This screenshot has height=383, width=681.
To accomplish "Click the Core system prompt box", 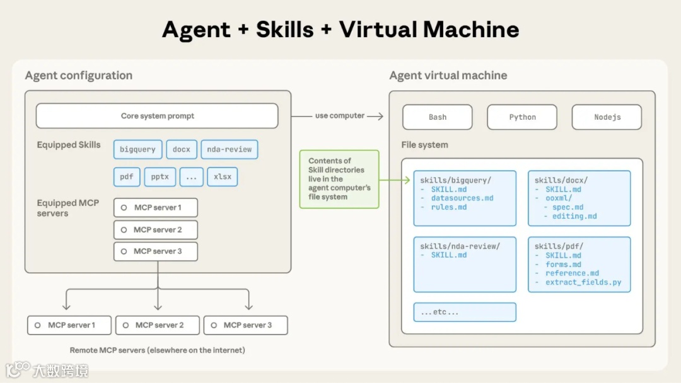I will coord(157,116).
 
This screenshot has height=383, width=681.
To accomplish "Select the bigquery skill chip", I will coord(137,149).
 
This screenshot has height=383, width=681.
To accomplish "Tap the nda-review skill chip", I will coord(229,149).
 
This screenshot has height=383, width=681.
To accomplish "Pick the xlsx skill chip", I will coord(222,176).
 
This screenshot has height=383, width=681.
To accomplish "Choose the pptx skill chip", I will coord(160,176).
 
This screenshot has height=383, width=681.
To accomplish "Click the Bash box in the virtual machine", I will coord(438,117).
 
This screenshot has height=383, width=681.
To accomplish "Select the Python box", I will coord(522,117).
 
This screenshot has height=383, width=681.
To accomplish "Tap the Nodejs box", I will coord(607,117).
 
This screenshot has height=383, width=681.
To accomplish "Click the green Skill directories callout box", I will coord(339,179).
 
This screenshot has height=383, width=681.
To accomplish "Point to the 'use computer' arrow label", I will coord(340,116).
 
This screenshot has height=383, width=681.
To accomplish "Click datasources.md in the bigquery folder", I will coord(462,198).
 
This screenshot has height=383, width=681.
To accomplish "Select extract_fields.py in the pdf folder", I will coord(583,282).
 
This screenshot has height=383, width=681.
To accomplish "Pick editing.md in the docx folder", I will coord(574,216).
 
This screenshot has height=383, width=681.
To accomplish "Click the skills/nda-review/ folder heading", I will coord(460,246).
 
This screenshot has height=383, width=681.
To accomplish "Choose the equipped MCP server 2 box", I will coord(156,230).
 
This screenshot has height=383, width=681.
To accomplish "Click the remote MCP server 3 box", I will coord(246,325).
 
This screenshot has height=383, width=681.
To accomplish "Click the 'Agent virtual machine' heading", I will coord(448,76).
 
